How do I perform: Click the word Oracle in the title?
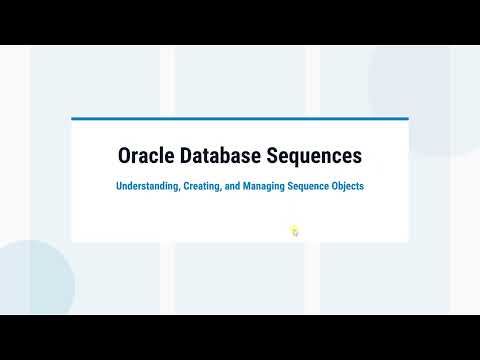(x=146, y=155)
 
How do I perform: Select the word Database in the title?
(x=220, y=155)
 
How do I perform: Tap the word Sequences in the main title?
(x=314, y=157)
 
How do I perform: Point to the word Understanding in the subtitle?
(x=148, y=186)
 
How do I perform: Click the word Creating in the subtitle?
(x=202, y=186)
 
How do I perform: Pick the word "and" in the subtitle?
(x=232, y=186)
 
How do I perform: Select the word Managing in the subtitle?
(x=264, y=186)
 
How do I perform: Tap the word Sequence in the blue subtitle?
(x=308, y=186)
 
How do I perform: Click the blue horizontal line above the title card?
(x=240, y=118)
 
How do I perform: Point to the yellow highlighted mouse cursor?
(x=294, y=231)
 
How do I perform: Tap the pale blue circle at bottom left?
(x=33, y=277)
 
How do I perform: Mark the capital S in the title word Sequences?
(x=272, y=156)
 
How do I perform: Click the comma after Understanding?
(x=180, y=190)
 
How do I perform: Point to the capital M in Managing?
(x=247, y=186)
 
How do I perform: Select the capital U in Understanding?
(x=119, y=186)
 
